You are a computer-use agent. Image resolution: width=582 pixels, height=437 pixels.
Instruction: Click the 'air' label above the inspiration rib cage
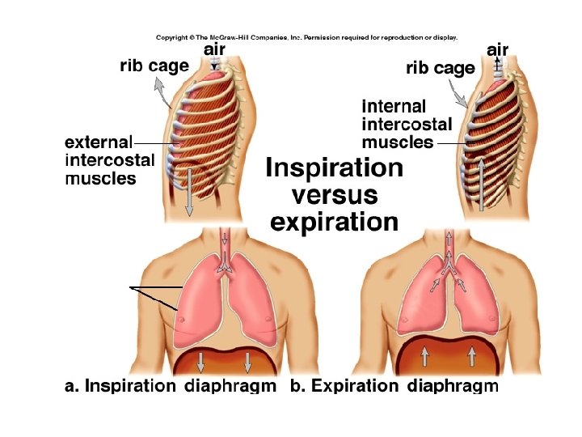tap(213, 49)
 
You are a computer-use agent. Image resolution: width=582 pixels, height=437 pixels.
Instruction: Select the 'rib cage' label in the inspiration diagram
tap(154, 66)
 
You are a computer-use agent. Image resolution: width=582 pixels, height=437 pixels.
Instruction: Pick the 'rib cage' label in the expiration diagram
tap(440, 68)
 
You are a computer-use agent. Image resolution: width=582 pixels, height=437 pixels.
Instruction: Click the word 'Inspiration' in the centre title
tap(334, 168)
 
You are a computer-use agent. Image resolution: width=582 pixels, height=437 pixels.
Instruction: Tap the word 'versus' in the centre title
tap(334, 195)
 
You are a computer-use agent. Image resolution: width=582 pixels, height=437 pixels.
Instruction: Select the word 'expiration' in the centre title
tap(334, 222)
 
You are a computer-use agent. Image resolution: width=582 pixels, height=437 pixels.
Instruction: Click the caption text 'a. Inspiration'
tap(120, 386)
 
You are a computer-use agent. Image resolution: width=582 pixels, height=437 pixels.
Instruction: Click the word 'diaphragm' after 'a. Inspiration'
tap(230, 386)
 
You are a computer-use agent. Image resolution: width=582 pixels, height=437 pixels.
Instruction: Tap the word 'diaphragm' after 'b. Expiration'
tap(453, 386)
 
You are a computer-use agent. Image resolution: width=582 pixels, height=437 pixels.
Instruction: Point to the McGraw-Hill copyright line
tap(306, 37)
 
